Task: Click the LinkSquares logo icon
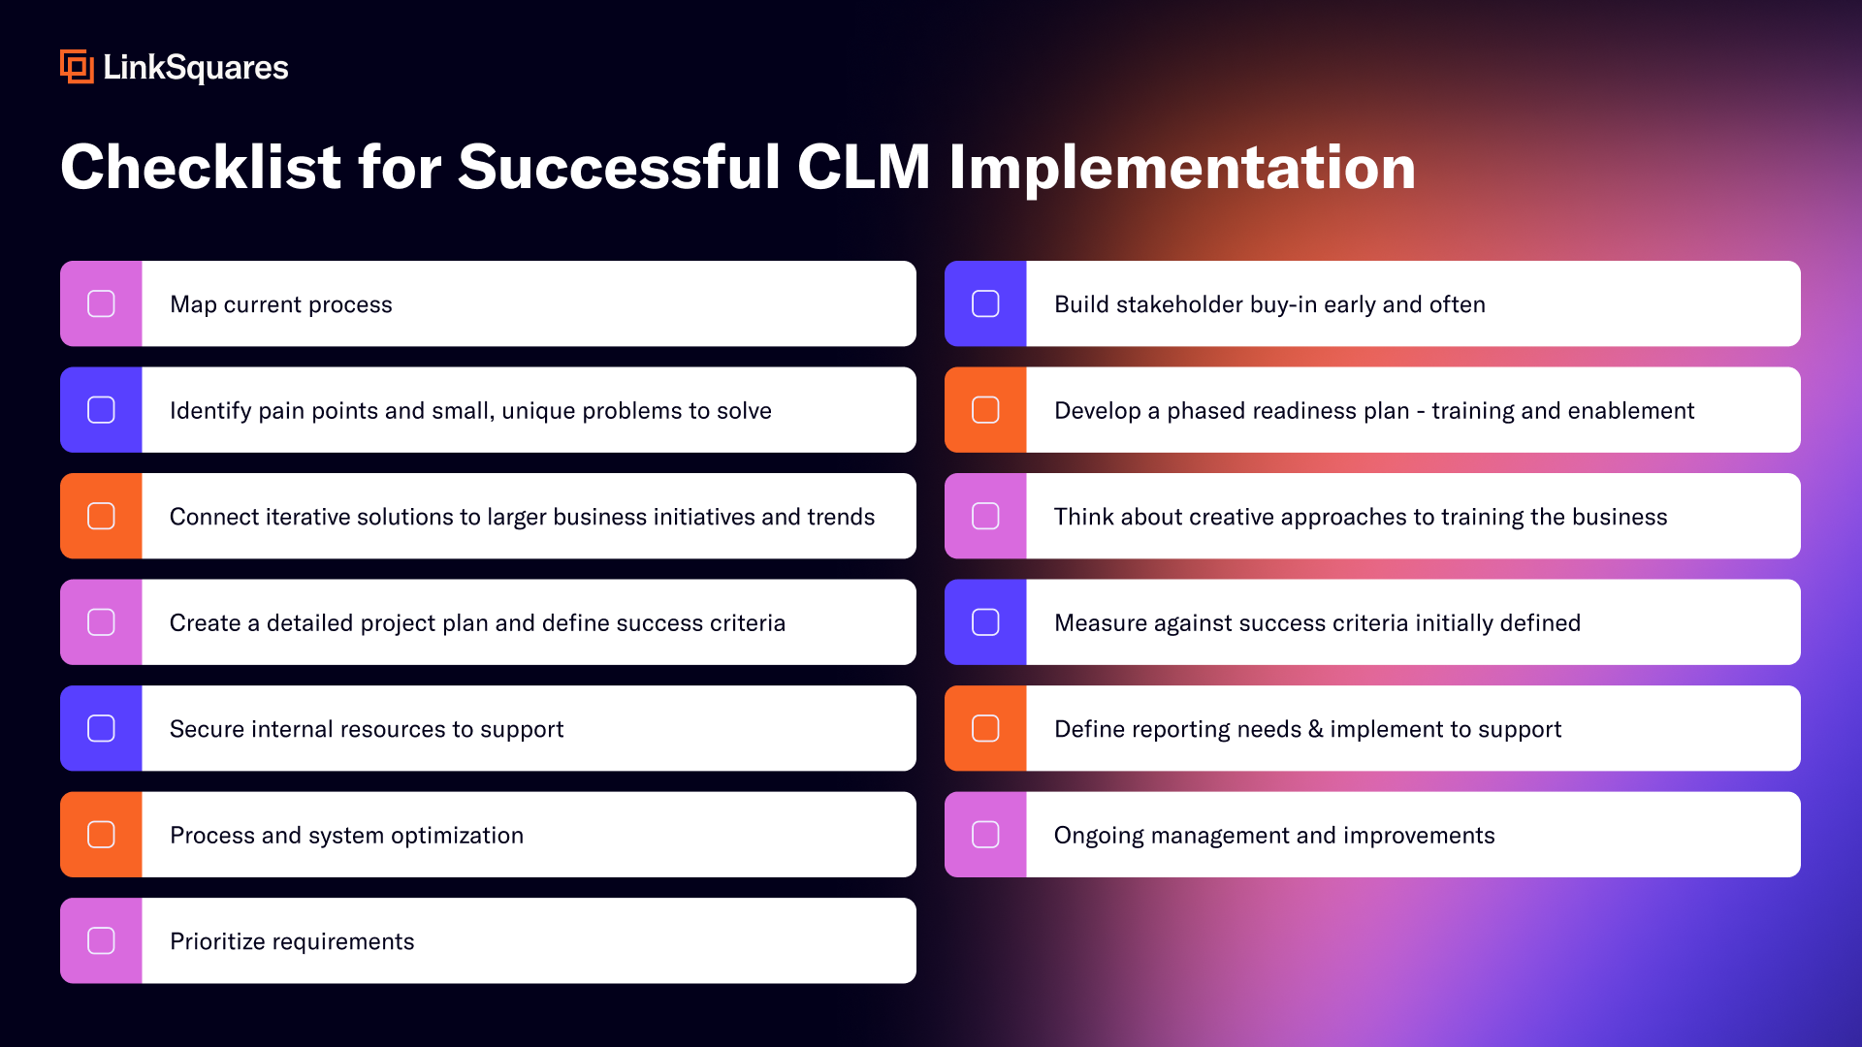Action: [x=77, y=67]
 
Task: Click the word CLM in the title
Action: [x=863, y=167]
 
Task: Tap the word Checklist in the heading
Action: [x=201, y=167]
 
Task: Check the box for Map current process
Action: [x=101, y=303]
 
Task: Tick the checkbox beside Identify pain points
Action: [x=101, y=410]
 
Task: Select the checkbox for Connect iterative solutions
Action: [x=101, y=516]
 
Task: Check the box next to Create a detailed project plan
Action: [x=101, y=622]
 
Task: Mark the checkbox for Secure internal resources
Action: [x=101, y=728]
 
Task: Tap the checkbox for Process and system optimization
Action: [x=101, y=835]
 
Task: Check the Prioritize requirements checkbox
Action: [x=101, y=940]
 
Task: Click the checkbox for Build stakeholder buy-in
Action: [x=985, y=303]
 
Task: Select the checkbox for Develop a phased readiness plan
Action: [x=985, y=410]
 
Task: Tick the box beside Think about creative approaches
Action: [x=985, y=516]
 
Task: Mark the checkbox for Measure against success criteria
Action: [x=985, y=622]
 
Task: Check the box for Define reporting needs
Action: [x=985, y=728]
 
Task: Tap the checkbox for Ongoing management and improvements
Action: [x=985, y=835]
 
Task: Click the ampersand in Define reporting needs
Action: [x=1315, y=729]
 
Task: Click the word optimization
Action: [x=457, y=836]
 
